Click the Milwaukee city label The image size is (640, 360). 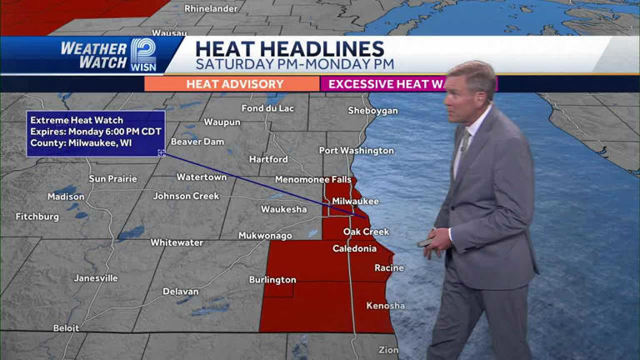tap(355, 202)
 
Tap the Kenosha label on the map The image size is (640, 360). tap(385, 306)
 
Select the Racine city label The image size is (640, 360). tap(389, 268)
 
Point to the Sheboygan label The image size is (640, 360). tap(372, 111)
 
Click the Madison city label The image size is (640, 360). tap(66, 197)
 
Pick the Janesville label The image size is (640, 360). tap(96, 278)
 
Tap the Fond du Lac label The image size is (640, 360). tap(267, 108)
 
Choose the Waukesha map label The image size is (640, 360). tap(283, 209)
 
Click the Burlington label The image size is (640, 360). tap(272, 280)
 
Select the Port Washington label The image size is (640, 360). tap(357, 151)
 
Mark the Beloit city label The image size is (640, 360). tap(67, 328)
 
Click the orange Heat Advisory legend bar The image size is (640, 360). tap(232, 84)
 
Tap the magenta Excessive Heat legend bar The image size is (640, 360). tap(388, 84)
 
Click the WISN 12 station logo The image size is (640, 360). tap(142, 55)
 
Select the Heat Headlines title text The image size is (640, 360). tap(290, 49)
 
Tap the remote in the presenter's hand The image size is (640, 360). tap(426, 242)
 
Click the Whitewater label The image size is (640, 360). tap(177, 242)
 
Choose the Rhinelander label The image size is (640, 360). tap(212, 8)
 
